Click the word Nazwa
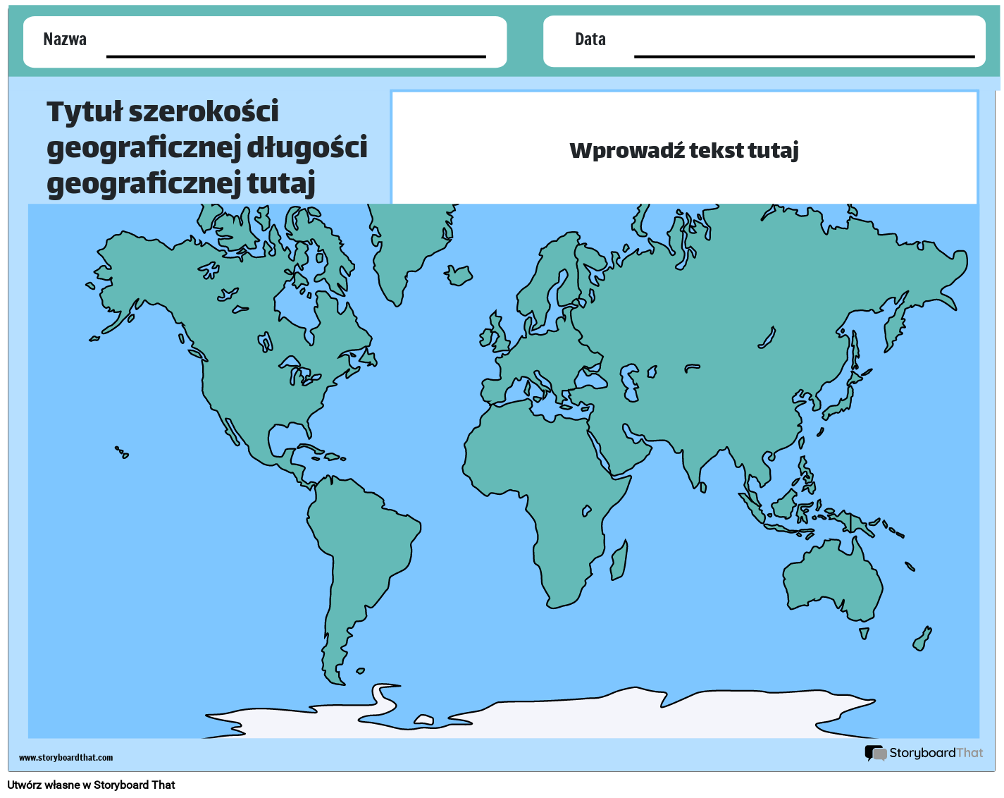65,39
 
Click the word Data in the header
590,39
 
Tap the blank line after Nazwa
296,55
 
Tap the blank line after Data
804,55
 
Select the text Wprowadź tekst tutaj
683,150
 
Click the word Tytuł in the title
85,111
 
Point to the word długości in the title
307,147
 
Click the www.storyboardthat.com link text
66,758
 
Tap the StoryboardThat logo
924,753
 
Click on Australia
831,578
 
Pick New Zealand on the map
922,638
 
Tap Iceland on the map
459,275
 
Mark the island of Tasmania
864,633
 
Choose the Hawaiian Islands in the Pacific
122,452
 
